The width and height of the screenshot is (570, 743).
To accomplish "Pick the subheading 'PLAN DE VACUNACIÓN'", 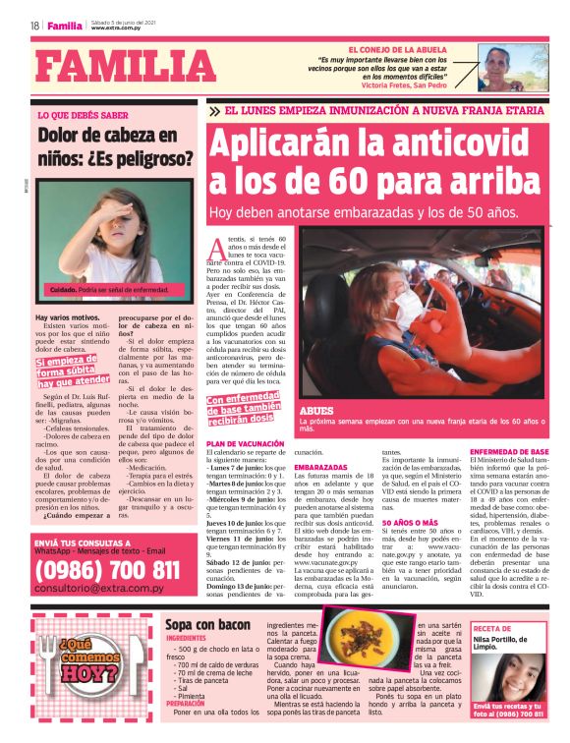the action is point(242,444).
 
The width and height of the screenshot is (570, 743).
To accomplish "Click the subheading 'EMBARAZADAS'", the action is point(320,466).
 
